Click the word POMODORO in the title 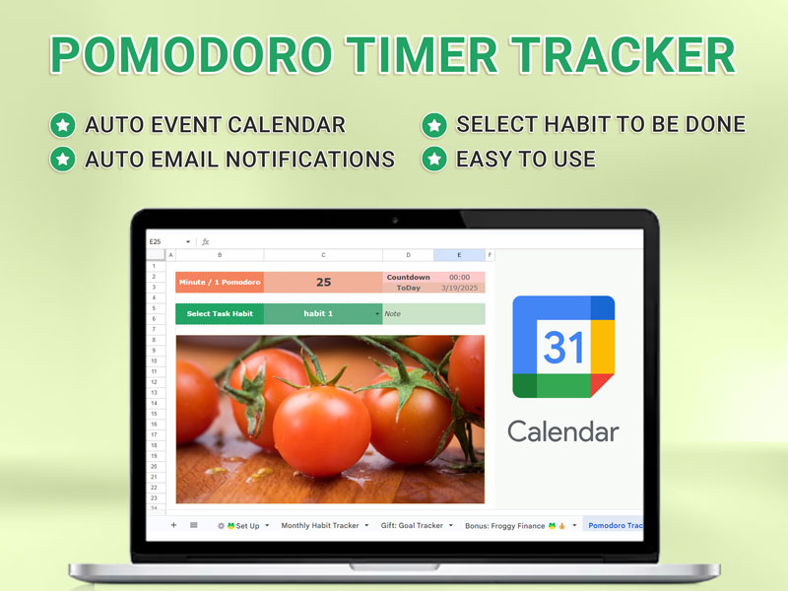[x=191, y=54]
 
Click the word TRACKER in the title [x=624, y=54]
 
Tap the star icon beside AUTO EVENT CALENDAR [x=63, y=125]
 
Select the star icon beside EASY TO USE [x=434, y=160]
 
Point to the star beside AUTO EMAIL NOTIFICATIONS [x=63, y=160]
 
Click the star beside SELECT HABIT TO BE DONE [x=434, y=125]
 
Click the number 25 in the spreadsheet [x=324, y=283]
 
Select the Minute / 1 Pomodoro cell [x=220, y=283]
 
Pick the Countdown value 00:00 [x=459, y=277]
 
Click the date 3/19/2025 [x=459, y=288]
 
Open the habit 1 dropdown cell [x=323, y=313]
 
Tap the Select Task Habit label [x=220, y=313]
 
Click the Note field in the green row [x=433, y=313]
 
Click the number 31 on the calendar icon [x=563, y=347]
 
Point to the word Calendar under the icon [x=562, y=431]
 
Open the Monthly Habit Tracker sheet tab [x=320, y=526]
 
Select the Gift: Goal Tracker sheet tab [x=412, y=526]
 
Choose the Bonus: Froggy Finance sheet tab [x=504, y=526]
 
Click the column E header [x=459, y=255]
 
